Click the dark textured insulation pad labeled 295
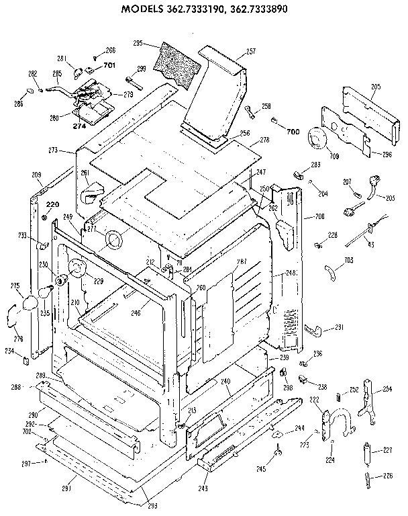177,60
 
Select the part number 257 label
251,51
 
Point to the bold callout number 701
109,66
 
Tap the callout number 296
387,154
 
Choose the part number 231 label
339,327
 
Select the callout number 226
387,477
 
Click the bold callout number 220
52,204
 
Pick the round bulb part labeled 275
29,304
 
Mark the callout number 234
10,351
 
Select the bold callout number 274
79,126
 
